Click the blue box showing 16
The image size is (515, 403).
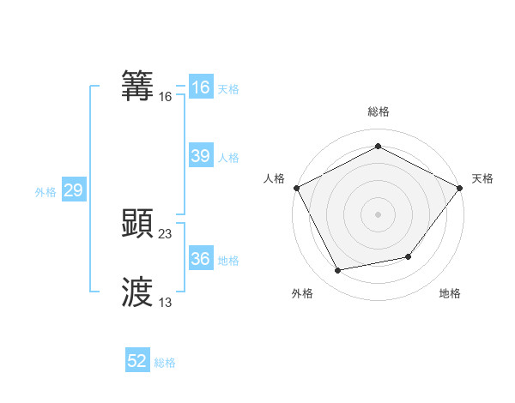coord(201,87)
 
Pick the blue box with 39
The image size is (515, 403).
coord(201,156)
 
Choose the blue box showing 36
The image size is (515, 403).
coord(201,259)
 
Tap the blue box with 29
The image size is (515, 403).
coord(73,190)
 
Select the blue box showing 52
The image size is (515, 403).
coord(137,361)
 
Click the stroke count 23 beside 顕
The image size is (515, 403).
coord(166,233)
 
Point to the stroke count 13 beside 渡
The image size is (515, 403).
coord(166,302)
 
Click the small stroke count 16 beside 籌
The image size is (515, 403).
coord(166,98)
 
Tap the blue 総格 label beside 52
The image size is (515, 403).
coord(165,363)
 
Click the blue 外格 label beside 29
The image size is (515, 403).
coord(45,192)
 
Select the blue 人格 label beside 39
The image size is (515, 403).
coord(228,158)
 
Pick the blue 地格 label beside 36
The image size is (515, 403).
coord(228,261)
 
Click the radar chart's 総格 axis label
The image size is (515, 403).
coord(378,111)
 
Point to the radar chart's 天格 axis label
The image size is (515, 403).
coord(482,178)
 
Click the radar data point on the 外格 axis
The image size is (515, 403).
coord(338,271)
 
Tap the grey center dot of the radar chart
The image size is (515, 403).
coord(378,214)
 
